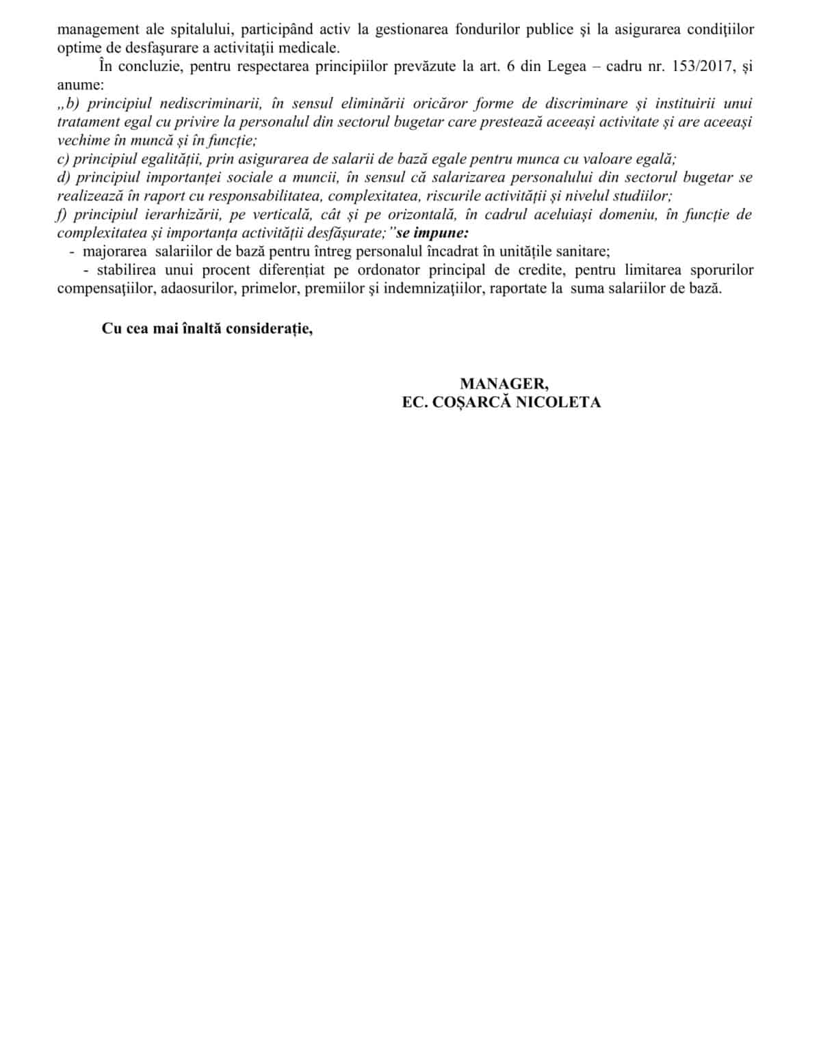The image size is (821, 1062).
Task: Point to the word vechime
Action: pos(81,141)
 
